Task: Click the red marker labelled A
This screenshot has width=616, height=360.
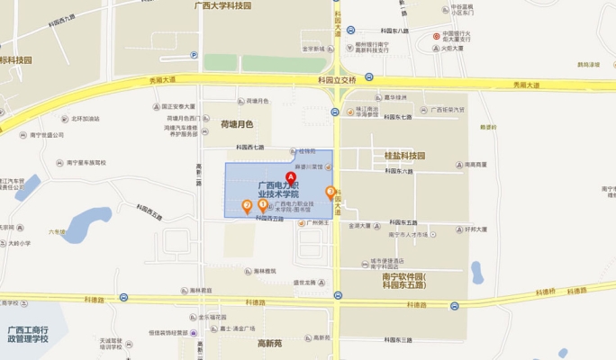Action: tap(290, 176)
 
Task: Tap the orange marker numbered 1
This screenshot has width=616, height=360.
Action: tap(262, 205)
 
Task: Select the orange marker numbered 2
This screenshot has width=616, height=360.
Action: tap(247, 205)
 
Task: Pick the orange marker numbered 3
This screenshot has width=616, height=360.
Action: tap(331, 191)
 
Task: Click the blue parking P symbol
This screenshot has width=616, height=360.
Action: tap(194, 55)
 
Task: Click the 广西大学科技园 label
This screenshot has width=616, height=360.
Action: tap(222, 5)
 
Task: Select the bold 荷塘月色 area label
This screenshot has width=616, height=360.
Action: tap(237, 124)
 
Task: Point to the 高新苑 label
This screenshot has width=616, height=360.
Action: tap(270, 343)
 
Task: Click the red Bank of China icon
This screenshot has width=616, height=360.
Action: tap(436, 36)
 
